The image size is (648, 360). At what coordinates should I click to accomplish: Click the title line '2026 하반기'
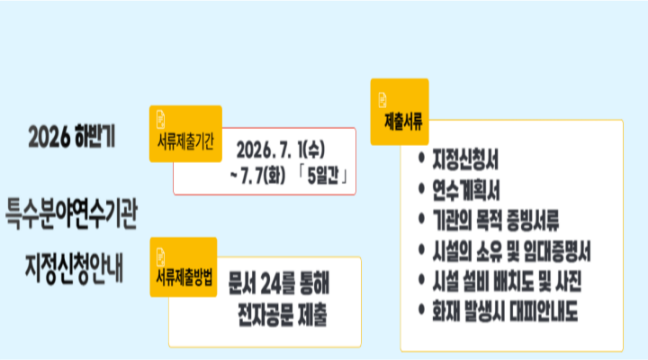pyautogui.click(x=71, y=137)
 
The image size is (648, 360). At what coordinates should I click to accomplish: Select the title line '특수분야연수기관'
pyautogui.click(x=71, y=213)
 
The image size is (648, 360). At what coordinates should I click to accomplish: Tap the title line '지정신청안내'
pyautogui.click(x=75, y=269)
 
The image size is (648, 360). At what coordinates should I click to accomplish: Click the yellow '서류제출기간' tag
pyautogui.click(x=185, y=133)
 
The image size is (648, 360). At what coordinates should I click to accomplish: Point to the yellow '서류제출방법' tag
pyautogui.click(x=184, y=267)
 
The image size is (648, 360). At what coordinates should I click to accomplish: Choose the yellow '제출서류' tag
pyautogui.click(x=400, y=112)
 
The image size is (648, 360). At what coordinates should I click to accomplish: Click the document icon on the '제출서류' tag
pyautogui.click(x=382, y=101)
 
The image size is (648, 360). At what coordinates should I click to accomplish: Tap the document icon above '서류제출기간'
pyautogui.click(x=161, y=119)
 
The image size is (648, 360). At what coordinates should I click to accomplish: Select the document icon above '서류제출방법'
pyautogui.click(x=161, y=257)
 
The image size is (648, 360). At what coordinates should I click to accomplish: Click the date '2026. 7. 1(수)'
pyautogui.click(x=281, y=149)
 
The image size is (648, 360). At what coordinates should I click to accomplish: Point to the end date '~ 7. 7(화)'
pyautogui.click(x=257, y=175)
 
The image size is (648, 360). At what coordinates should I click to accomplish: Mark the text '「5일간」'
pyautogui.click(x=323, y=175)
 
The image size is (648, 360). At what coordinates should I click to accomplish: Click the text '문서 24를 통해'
pyautogui.click(x=278, y=283)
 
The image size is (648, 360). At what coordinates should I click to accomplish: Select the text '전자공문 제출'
pyautogui.click(x=283, y=315)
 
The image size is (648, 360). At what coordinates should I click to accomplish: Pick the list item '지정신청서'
pyautogui.click(x=465, y=159)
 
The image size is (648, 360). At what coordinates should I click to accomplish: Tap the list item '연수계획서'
pyautogui.click(x=466, y=190)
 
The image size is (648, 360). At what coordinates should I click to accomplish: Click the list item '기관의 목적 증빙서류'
pyautogui.click(x=496, y=220)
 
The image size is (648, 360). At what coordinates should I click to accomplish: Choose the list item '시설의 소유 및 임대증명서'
pyautogui.click(x=511, y=251)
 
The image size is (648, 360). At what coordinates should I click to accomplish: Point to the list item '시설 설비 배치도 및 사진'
pyautogui.click(x=507, y=282)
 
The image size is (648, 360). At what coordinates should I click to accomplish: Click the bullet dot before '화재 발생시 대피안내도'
pyautogui.click(x=421, y=310)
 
